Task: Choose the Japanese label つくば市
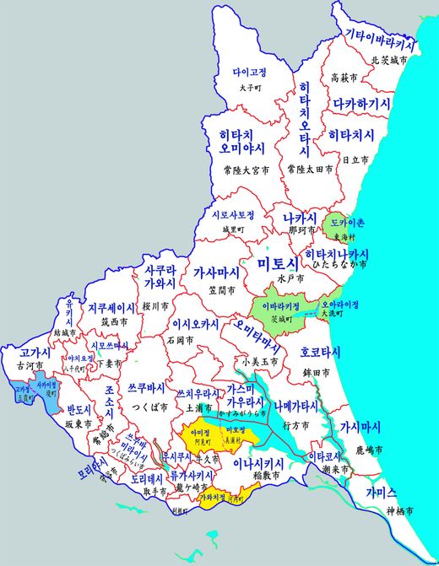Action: [x=148, y=405]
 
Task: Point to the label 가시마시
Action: [x=360, y=427]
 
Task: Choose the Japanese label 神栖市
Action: [x=396, y=511]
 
